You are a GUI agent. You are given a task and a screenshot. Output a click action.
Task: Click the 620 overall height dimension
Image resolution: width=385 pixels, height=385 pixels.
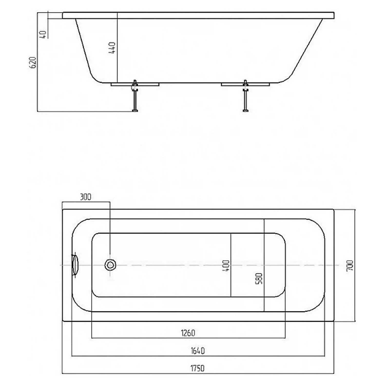pos(33,62)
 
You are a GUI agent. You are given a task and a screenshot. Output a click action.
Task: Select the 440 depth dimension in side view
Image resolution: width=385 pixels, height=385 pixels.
pos(112,48)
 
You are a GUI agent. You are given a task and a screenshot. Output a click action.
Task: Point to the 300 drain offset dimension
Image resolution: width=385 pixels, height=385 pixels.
pos(85,197)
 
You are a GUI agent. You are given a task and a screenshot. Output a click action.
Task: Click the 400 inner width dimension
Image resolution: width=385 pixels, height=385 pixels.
pos(226,266)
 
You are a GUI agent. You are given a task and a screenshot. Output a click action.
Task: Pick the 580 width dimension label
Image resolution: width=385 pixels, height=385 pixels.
pos(259,278)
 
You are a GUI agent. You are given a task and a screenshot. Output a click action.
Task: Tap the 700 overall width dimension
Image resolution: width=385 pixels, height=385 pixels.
pos(350,266)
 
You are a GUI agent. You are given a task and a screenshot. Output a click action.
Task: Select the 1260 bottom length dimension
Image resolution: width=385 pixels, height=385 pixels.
pos(188,333)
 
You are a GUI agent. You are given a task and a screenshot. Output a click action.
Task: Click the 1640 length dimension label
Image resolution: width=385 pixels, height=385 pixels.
pos(198,351)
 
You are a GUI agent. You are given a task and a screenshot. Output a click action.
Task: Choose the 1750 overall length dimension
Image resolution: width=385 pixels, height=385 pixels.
pos(198,368)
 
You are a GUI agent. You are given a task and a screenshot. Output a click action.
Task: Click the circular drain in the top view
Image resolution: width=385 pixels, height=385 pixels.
pos(110,265)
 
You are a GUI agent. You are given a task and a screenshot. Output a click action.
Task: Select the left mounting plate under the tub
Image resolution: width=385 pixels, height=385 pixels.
pos(135,84)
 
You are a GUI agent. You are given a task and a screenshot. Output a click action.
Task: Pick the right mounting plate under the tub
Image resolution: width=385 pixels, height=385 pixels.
pos(245,84)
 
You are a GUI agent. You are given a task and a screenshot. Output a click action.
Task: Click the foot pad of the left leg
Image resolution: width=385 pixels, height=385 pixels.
pos(135,111)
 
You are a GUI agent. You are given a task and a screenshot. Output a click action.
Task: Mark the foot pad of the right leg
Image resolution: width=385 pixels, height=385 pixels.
pos(246,111)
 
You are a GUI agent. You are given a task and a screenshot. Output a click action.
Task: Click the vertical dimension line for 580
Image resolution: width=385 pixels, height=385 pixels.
pos(264,265)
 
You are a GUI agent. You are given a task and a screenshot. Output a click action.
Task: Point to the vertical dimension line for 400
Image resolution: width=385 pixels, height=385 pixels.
pos(231,265)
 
